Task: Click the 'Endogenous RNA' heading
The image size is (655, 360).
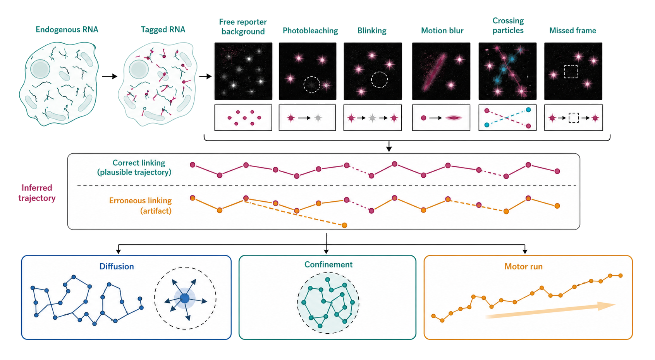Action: (x=67, y=29)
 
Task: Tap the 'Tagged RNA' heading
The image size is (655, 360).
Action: (x=163, y=29)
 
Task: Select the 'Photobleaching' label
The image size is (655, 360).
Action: (x=310, y=31)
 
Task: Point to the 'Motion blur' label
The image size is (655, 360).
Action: (x=442, y=31)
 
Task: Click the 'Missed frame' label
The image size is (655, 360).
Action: (x=572, y=31)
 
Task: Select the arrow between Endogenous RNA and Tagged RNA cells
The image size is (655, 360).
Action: (x=110, y=76)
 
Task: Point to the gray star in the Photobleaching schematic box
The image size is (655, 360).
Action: (x=318, y=118)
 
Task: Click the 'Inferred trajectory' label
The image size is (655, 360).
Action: (x=37, y=193)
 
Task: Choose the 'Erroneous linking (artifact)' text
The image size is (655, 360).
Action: (x=140, y=206)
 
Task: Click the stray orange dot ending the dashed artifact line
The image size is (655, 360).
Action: (x=344, y=225)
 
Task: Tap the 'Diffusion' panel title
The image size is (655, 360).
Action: (x=116, y=266)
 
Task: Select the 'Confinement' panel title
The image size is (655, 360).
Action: (x=328, y=264)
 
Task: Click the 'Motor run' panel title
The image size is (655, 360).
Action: (x=523, y=266)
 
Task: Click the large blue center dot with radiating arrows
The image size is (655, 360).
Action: (x=184, y=298)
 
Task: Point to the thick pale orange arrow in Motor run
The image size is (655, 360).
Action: (x=550, y=311)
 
